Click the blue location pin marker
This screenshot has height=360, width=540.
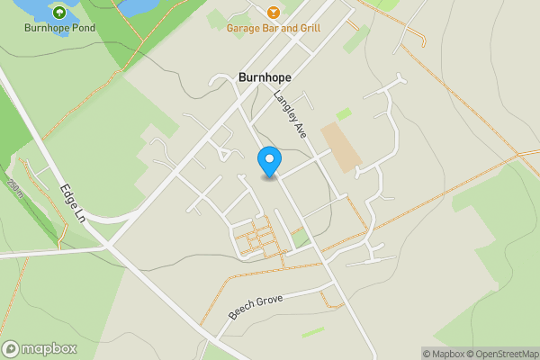(268, 162)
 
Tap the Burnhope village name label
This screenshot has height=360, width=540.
(265, 78)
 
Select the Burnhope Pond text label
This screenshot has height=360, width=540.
(59, 28)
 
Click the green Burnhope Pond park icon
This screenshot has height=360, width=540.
(59, 13)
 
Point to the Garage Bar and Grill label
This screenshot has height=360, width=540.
(274, 28)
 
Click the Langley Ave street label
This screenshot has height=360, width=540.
(292, 114)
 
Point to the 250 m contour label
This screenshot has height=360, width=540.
(13, 191)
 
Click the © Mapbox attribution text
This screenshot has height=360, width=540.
(443, 354)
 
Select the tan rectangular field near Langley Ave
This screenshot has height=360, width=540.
(341, 147)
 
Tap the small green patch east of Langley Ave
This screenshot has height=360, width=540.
(343, 114)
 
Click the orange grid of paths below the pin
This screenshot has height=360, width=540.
(256, 238)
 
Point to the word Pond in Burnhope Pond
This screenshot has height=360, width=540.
(82, 28)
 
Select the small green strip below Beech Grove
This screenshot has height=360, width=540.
(313, 332)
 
